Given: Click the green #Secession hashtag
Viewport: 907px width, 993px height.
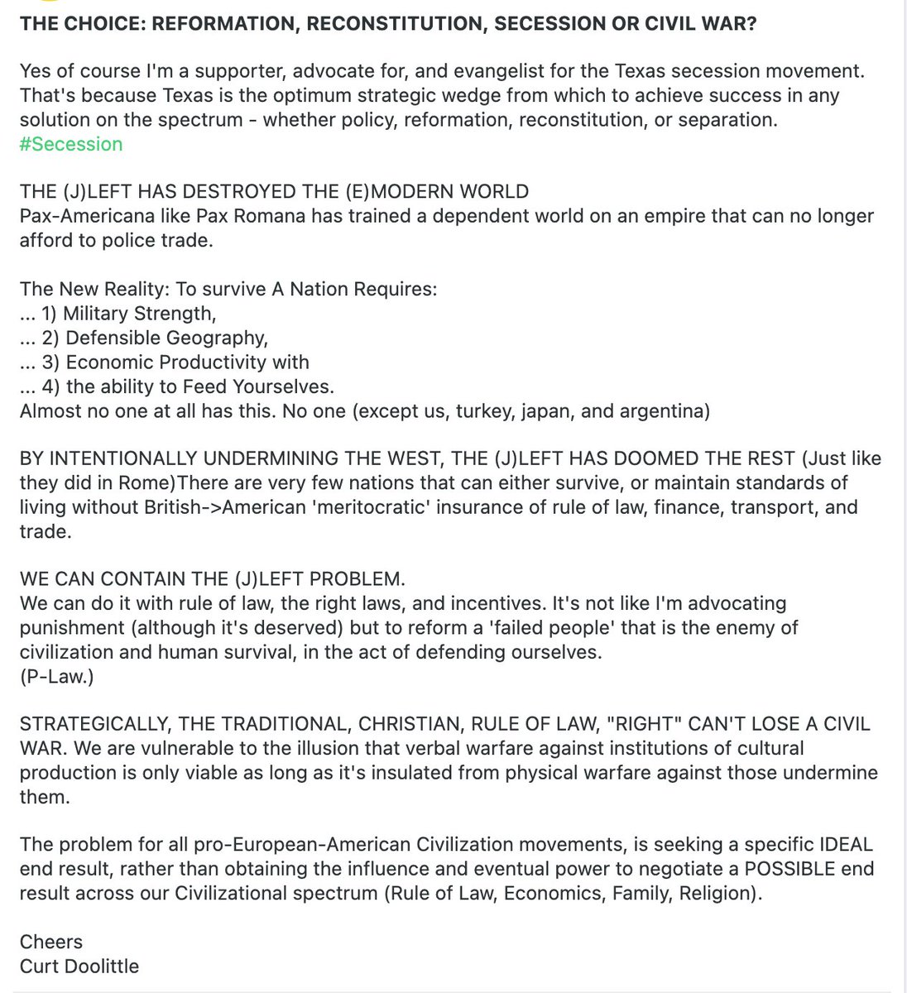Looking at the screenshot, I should [x=71, y=144].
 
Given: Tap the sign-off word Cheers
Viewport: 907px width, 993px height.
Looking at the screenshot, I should [x=51, y=942].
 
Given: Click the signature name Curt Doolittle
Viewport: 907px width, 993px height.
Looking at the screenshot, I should [x=79, y=966].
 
